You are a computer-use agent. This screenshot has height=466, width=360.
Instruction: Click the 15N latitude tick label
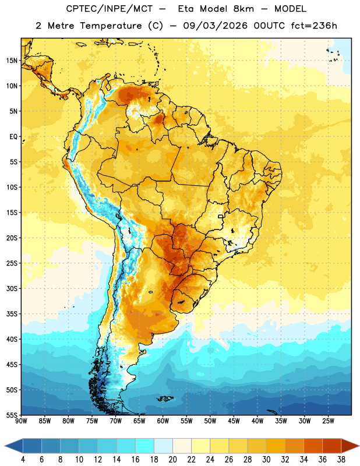coord(12,61)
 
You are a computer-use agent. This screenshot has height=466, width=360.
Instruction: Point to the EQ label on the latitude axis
coord(13,137)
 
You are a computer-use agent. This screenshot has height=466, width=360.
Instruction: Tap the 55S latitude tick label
coord(12,415)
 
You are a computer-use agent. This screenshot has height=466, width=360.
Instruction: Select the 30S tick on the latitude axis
coord(12,288)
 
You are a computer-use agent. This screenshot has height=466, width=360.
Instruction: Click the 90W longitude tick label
coord(21,421)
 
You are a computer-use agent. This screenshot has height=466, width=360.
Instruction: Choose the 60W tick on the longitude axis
coord(163,421)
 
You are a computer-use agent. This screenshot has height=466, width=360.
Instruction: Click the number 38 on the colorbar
coord(341,460)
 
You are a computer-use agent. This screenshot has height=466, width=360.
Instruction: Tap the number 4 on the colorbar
coord(23,460)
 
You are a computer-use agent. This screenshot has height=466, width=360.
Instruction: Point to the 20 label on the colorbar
coord(172,460)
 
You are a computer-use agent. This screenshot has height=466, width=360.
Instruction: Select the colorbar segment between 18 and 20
coord(163,446)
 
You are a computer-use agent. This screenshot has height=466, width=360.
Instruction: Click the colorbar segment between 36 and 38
coord(332,446)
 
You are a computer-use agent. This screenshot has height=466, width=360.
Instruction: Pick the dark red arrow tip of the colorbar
coord(358,446)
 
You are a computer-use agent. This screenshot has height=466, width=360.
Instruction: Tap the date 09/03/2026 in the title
coord(216,26)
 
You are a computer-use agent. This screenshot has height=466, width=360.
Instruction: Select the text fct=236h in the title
coord(314,26)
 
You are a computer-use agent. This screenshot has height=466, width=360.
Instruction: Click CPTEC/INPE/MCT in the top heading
coord(110,9)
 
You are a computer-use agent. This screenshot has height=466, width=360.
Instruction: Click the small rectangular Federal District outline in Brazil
coord(221,216)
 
